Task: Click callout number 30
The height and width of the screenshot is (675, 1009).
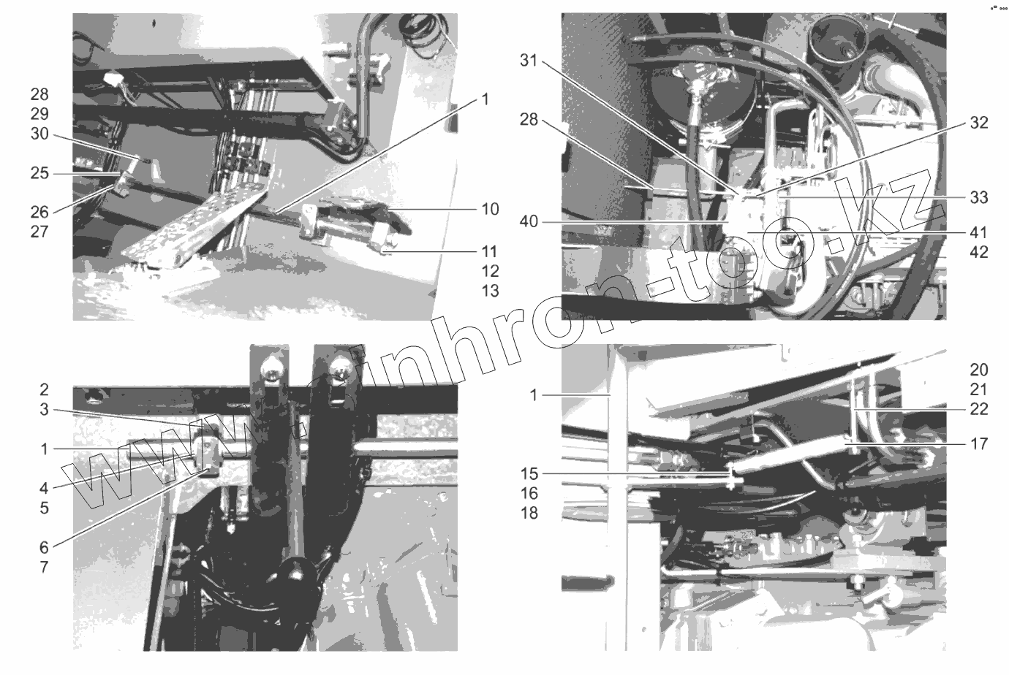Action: click(39, 134)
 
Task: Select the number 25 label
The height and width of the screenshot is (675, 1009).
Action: click(39, 173)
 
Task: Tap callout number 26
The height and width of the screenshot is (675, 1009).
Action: click(39, 212)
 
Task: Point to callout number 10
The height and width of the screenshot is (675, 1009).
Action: click(490, 209)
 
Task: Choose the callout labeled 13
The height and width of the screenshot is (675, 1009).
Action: click(490, 291)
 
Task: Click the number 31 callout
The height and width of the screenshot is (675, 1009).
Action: click(529, 61)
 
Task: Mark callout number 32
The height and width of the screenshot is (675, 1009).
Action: click(979, 123)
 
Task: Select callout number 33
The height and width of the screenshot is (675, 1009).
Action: click(979, 197)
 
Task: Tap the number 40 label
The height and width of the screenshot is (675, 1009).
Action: click(529, 221)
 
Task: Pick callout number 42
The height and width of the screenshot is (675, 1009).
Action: click(979, 252)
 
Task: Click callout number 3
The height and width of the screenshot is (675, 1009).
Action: click(44, 410)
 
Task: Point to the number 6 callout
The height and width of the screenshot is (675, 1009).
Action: click(44, 547)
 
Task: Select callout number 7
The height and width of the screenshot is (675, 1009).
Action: click(44, 567)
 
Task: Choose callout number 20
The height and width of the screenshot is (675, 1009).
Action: click(979, 370)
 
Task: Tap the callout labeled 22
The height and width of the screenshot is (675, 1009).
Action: click(979, 408)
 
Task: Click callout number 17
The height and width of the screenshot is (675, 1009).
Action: click(979, 444)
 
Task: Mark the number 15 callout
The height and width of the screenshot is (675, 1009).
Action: click(529, 474)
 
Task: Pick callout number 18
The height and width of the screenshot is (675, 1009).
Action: click(529, 513)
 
